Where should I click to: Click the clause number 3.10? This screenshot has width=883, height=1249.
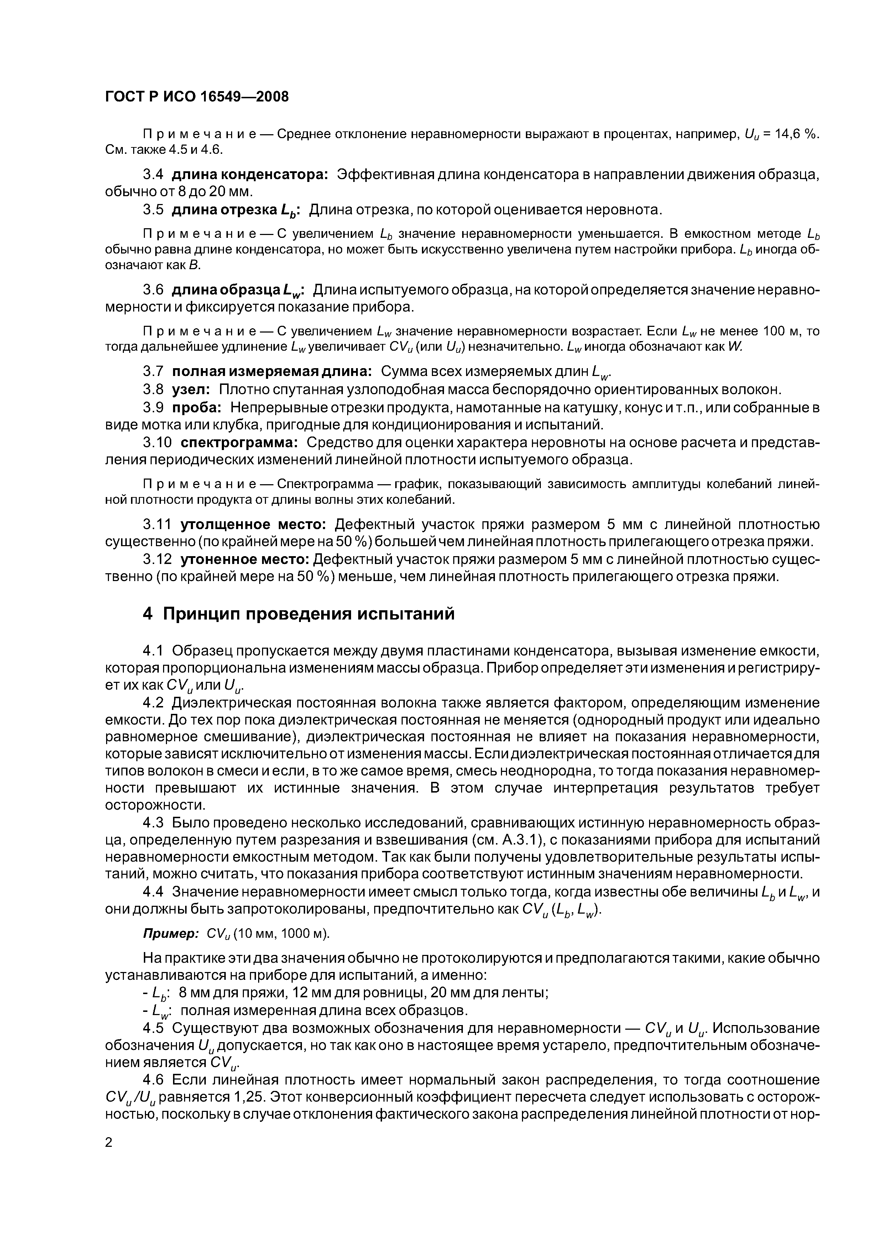(157, 443)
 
